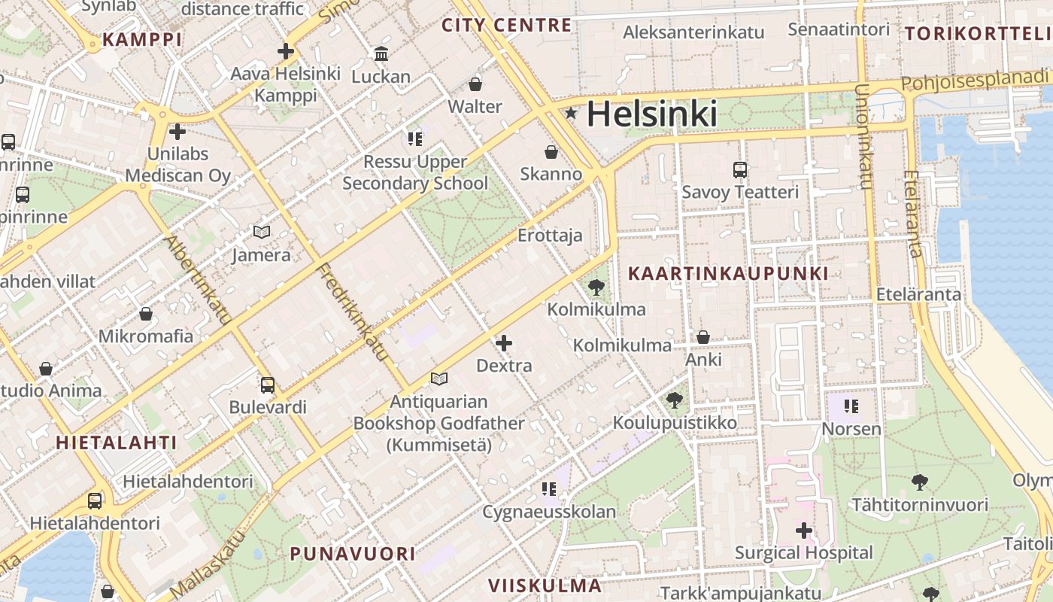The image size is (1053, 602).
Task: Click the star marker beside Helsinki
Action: coord(572,114)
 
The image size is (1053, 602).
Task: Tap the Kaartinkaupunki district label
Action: coord(728,274)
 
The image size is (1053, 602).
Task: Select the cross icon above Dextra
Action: coord(504,344)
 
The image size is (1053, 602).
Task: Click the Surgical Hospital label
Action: coord(804,553)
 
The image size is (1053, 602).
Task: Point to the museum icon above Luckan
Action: coord(381,54)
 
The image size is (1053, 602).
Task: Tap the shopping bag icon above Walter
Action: coord(475,84)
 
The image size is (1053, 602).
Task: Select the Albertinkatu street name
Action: coord(197,280)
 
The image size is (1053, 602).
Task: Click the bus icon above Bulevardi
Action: coord(268,385)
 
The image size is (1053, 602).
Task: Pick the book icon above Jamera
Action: coord(261,233)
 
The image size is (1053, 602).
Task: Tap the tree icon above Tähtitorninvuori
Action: coord(919,482)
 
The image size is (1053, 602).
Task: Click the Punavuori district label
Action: coord(353,554)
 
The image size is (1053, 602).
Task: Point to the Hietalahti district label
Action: coord(117,442)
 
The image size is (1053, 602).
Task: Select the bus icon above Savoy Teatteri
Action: coord(740,170)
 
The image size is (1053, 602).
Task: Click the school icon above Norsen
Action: coord(851,407)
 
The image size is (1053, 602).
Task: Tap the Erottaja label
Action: coord(550,236)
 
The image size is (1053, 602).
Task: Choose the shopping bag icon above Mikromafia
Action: coord(146,314)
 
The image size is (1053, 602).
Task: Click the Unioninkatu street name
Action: coord(863,135)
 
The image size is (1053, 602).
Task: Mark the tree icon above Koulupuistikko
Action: coord(675,400)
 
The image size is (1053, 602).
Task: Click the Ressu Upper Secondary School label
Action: coord(415,172)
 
